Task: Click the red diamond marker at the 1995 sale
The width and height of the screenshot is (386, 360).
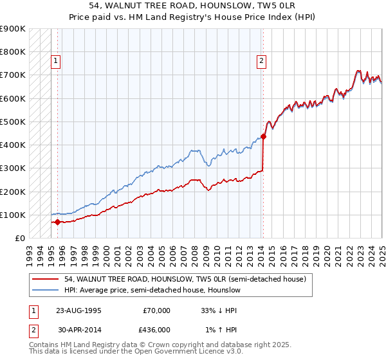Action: pyautogui.click(x=57, y=222)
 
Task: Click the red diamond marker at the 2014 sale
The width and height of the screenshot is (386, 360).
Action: pyautogui.click(x=263, y=136)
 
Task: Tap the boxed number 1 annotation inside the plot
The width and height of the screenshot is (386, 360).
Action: pyautogui.click(x=56, y=62)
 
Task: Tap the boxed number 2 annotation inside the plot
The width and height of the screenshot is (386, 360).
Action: pyautogui.click(x=262, y=62)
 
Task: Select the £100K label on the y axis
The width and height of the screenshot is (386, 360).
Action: pyautogui.click(x=12, y=215)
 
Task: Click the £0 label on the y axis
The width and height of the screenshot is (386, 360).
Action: pyautogui.click(x=19, y=239)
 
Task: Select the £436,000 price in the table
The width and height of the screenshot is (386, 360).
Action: pyautogui.click(x=156, y=330)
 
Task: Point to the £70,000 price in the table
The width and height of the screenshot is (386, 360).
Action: pyautogui.click(x=156, y=310)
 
